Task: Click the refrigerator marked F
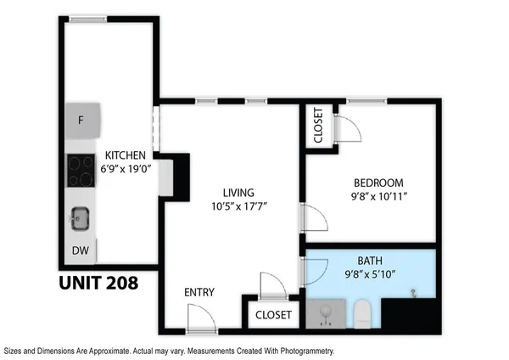(82, 120)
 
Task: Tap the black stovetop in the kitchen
(81, 170)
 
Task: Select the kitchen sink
(80, 219)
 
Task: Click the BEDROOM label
(378, 183)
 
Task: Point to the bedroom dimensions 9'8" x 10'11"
(378, 196)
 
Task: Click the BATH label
(370, 261)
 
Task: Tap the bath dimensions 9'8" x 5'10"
(370, 273)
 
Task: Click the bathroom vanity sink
(326, 314)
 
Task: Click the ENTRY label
(199, 293)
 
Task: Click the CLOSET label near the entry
(273, 315)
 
